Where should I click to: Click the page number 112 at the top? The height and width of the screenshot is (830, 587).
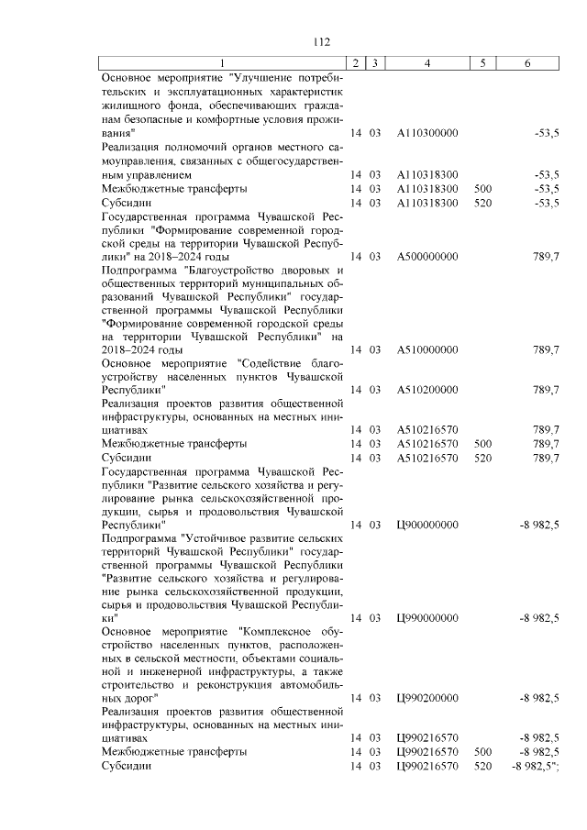(321, 42)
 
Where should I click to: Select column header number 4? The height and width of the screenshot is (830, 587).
(428, 62)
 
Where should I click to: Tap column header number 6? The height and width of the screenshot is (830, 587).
(526, 62)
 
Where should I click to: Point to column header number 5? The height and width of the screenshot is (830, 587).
(483, 62)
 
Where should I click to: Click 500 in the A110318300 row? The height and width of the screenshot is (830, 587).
(483, 189)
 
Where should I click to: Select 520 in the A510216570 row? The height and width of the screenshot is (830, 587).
(483, 457)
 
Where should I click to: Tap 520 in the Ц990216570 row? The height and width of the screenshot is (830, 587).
(483, 765)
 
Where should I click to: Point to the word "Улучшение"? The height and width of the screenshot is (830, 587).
(275, 78)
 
